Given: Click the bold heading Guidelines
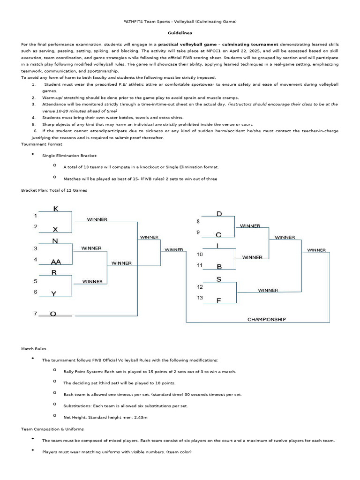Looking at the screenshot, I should [x=180, y=33].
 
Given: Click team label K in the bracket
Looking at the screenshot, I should [x=56, y=208].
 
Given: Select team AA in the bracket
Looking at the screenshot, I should [x=56, y=262].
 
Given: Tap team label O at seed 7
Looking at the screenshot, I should [x=53, y=314].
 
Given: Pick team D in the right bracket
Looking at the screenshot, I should [x=218, y=214].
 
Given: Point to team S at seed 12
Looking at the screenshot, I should [x=218, y=279].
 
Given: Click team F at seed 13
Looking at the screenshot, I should [x=218, y=300].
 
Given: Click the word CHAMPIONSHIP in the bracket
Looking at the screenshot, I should [x=266, y=319].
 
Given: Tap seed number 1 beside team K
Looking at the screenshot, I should [x=35, y=216].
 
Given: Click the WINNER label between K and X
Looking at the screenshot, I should [x=97, y=219].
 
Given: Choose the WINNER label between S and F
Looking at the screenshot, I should [x=268, y=290].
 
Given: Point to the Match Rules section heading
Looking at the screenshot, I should [x=34, y=349].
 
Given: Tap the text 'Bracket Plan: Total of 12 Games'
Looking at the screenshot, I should [x=54, y=190].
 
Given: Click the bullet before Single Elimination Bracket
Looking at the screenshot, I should [x=33, y=154].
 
